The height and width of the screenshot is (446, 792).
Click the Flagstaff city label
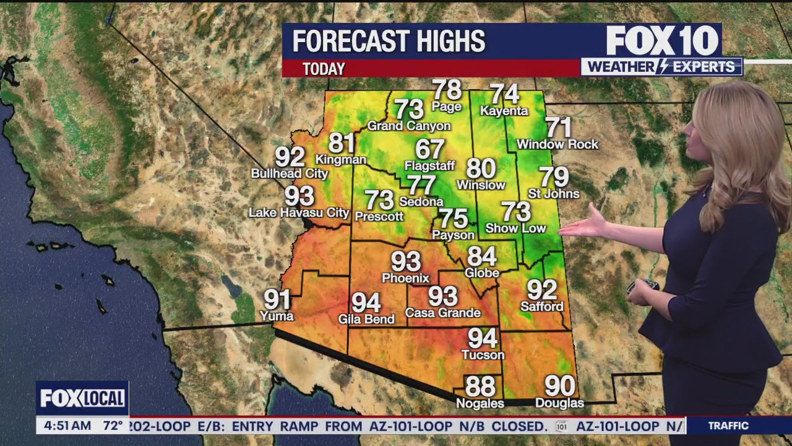(429, 165)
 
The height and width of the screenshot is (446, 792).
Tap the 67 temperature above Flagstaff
(430, 149)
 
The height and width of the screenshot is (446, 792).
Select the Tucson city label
(483, 355)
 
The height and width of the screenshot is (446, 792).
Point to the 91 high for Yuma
(278, 300)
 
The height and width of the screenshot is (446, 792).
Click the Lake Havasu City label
(299, 212)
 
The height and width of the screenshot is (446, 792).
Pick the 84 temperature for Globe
(482, 256)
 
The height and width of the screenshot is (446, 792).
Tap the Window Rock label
(557, 144)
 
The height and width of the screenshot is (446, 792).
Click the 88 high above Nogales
(480, 387)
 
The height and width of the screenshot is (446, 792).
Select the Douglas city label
(559, 403)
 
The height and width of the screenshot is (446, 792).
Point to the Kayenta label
(504, 111)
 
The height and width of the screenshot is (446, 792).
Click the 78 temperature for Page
(447, 90)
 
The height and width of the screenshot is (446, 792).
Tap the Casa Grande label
(443, 313)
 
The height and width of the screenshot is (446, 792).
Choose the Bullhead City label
(290, 173)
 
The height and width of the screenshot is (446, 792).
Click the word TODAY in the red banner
(324, 69)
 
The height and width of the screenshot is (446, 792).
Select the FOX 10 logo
(662, 42)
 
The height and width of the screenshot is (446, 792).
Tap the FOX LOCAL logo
(82, 398)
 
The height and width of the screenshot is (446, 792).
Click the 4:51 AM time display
(67, 426)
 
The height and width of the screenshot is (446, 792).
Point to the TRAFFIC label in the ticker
(728, 426)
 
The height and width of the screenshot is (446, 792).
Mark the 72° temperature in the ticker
(113, 426)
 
